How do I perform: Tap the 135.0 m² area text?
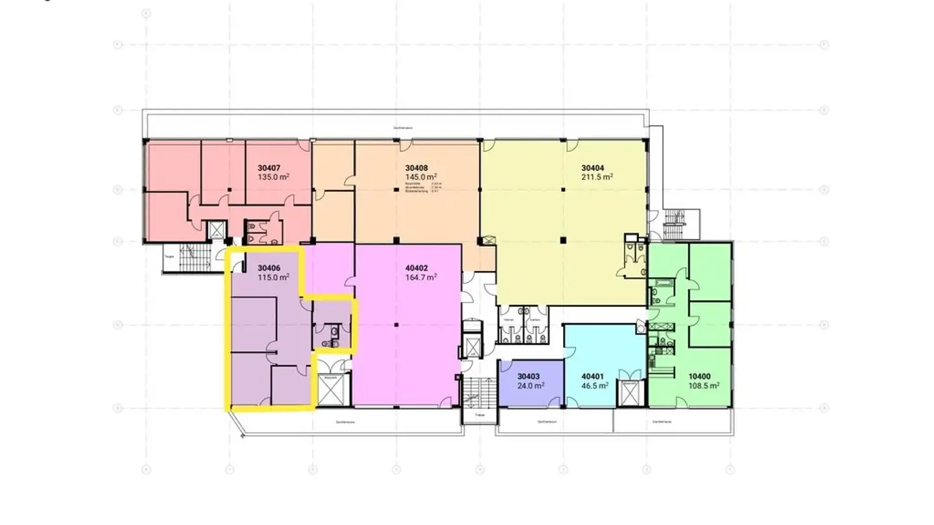click(273, 177)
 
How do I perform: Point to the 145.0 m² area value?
click(421, 177)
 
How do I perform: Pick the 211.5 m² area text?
click(597, 177)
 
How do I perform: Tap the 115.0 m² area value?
click(273, 277)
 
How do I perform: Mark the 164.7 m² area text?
click(421, 277)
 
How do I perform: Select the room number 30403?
click(529, 376)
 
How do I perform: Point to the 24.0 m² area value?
click(531, 385)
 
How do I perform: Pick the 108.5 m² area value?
click(704, 385)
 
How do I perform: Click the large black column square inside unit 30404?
click(563, 241)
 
